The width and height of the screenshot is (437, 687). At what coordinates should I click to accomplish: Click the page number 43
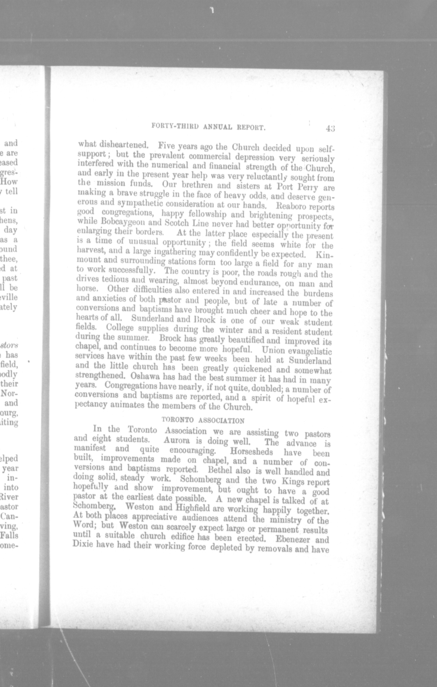click(330, 128)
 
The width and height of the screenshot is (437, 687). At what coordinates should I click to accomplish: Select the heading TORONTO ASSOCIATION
click(203, 420)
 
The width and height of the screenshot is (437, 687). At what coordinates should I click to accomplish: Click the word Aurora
click(177, 441)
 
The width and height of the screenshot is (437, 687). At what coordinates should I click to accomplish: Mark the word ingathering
click(175, 253)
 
